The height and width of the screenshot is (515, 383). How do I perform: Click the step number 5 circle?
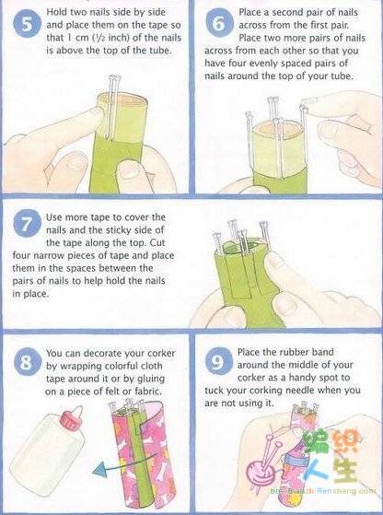point(28,25)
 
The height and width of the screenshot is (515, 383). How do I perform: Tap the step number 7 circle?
point(27,223)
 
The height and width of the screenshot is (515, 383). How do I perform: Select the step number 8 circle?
point(28,362)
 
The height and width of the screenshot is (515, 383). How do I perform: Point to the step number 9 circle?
point(219,361)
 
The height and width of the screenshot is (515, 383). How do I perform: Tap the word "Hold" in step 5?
point(56,12)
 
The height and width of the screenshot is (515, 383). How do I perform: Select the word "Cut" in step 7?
point(157,243)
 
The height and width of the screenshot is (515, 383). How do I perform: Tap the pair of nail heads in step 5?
point(114,78)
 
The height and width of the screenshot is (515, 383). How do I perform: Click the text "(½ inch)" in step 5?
point(110,38)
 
